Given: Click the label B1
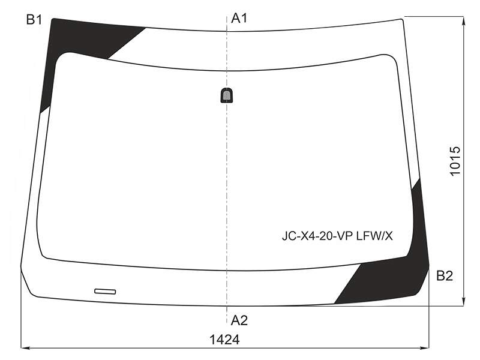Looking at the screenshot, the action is pyautogui.click(x=34, y=20).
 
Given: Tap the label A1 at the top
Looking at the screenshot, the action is pyautogui.click(x=239, y=19).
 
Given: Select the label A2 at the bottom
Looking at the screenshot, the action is pyautogui.click(x=239, y=320).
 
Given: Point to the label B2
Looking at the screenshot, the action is pyautogui.click(x=445, y=276).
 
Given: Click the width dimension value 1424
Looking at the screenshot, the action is pyautogui.click(x=224, y=340).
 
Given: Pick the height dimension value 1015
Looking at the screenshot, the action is pyautogui.click(x=455, y=161).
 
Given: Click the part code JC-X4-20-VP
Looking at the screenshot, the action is pyautogui.click(x=318, y=236).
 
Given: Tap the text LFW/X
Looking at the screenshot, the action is pyautogui.click(x=374, y=236).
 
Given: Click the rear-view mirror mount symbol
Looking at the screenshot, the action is pyautogui.click(x=227, y=95).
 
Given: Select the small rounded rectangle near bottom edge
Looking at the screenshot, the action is pyautogui.click(x=105, y=291).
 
